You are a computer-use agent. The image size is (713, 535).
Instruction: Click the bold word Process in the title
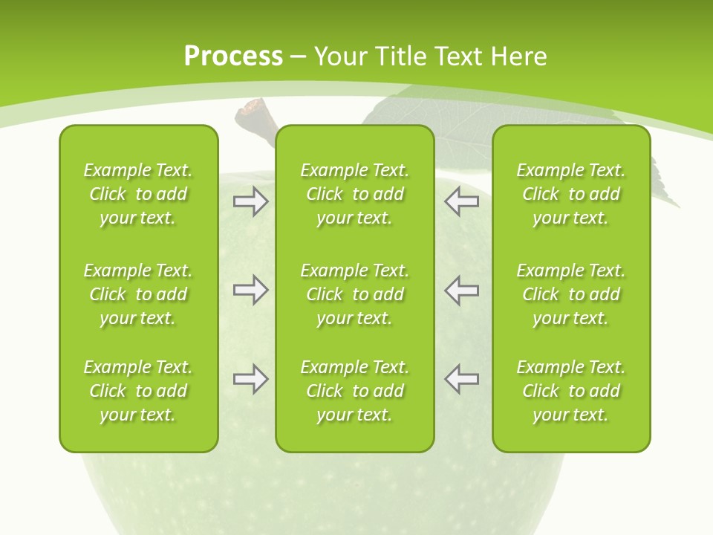point(233,56)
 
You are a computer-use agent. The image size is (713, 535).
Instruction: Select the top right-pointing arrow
point(250,202)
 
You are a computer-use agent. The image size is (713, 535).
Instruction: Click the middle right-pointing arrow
point(250,290)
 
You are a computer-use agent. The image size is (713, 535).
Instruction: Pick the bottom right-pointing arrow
point(250,379)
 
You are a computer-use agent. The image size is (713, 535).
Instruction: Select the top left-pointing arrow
point(461,202)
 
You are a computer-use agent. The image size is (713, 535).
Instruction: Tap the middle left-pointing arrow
point(461,290)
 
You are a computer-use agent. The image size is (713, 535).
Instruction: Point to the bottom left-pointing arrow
point(461,379)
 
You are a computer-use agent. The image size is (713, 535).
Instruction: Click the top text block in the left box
point(138,194)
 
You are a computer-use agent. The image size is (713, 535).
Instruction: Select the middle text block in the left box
point(138,294)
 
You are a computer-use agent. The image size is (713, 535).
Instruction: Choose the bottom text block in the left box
point(138,391)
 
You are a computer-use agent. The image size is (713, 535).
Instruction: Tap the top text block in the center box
point(354,194)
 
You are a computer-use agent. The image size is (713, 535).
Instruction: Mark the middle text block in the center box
point(354,294)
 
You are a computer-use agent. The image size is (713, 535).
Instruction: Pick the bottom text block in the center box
point(354,391)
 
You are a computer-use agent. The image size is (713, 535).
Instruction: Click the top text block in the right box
point(570,194)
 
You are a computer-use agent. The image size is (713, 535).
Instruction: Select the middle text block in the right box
point(570,294)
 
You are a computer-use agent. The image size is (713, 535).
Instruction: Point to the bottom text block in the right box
point(570,391)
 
